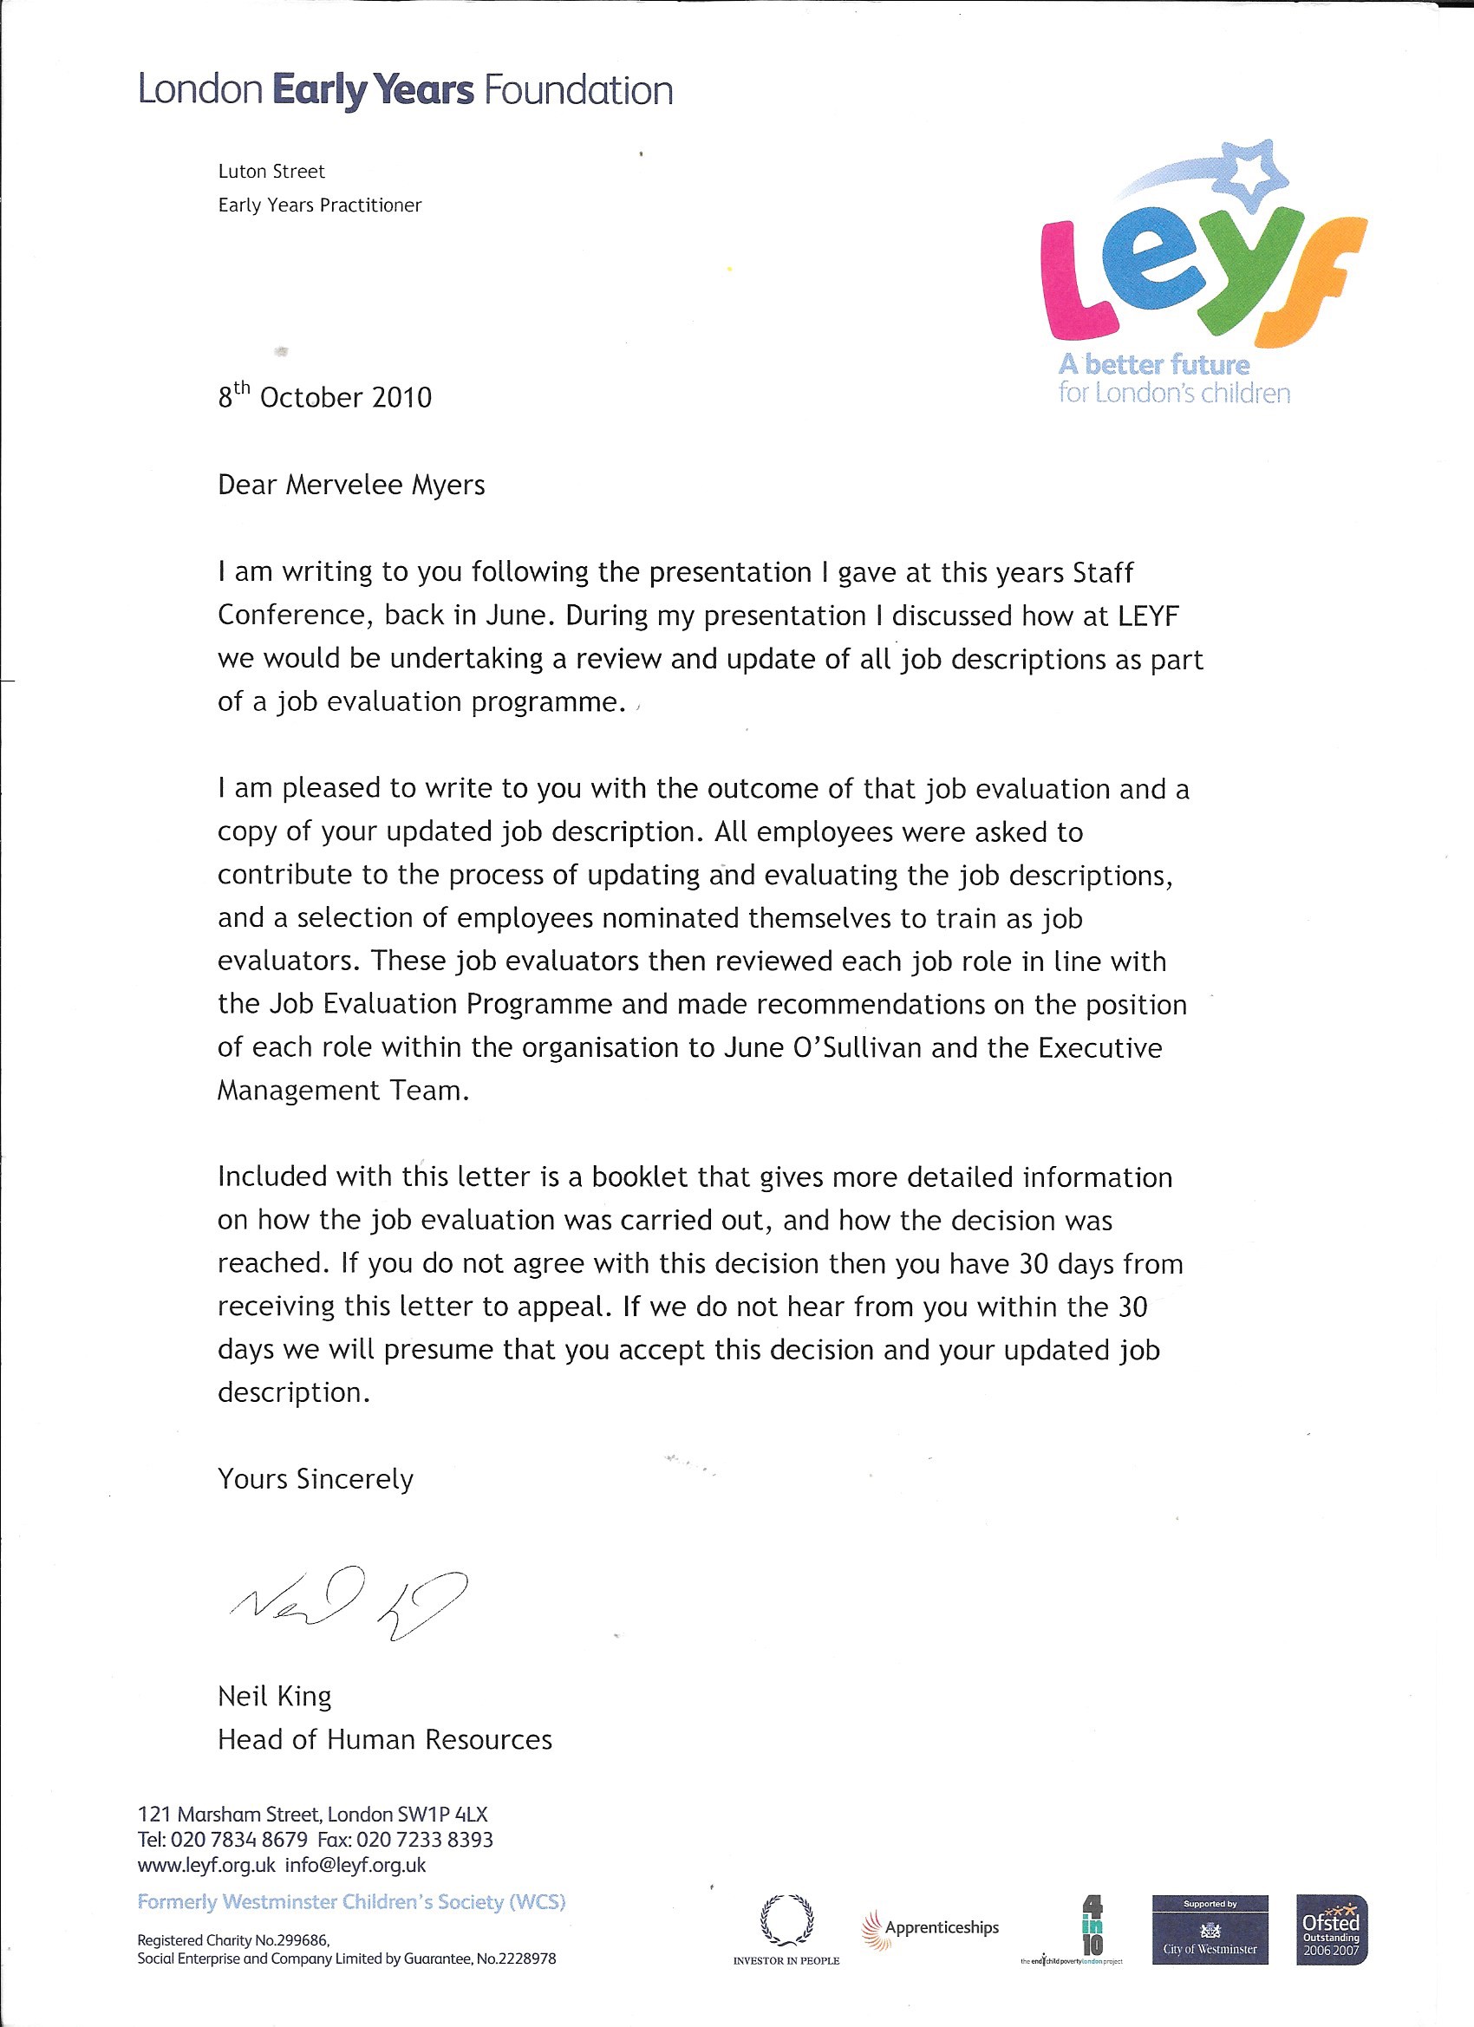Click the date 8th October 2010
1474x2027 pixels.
(x=324, y=396)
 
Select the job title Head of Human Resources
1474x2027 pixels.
(x=384, y=1739)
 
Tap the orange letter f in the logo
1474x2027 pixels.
(x=1314, y=282)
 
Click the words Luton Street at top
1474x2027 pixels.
(x=271, y=171)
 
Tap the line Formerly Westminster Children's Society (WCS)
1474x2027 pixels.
(x=351, y=1901)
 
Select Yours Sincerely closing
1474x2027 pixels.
(x=316, y=1479)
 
